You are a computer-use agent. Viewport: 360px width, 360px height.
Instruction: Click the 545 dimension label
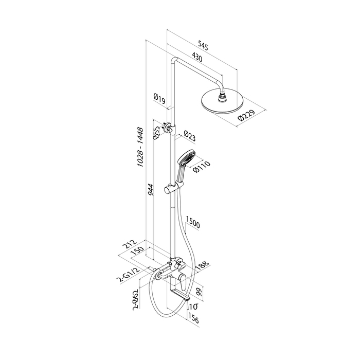pos(203,45)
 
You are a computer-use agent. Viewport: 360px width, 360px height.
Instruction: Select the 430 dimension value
pos(197,58)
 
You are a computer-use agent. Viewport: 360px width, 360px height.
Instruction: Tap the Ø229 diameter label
pos(246,116)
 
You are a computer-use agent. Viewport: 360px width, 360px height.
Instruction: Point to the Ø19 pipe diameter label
pos(159,98)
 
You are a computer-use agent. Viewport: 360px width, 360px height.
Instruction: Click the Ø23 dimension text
pos(190,136)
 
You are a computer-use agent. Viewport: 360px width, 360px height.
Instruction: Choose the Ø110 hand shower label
pos(202,167)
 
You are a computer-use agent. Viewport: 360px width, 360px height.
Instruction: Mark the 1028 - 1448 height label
pos(140,148)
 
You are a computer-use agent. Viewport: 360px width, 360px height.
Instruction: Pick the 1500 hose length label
pos(193,222)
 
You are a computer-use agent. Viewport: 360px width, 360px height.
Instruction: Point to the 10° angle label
pos(193,307)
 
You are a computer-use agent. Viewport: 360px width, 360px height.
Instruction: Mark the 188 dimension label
pos(202,266)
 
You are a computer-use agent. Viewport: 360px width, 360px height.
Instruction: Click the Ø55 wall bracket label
pos(156,132)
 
